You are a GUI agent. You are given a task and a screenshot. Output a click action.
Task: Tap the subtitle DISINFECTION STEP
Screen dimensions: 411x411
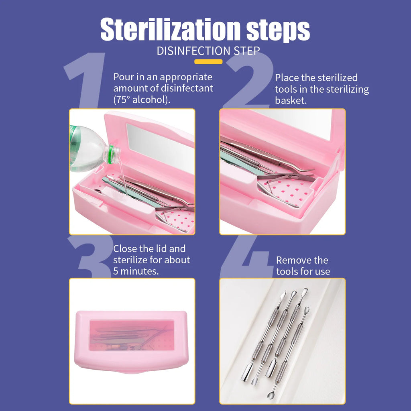pos(208,51)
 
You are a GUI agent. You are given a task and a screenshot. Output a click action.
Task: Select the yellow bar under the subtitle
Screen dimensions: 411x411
pos(208,62)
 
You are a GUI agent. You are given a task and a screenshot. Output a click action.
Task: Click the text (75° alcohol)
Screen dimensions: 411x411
pos(142,99)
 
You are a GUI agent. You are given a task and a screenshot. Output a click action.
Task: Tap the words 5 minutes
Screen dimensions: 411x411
pos(136,271)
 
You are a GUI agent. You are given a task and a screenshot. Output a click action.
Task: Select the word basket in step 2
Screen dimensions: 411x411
pos(291,100)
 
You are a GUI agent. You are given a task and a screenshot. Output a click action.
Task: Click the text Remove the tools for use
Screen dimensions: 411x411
pos(303,266)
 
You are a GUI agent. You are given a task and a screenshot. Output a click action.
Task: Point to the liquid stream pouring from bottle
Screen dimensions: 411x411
pos(124,181)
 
